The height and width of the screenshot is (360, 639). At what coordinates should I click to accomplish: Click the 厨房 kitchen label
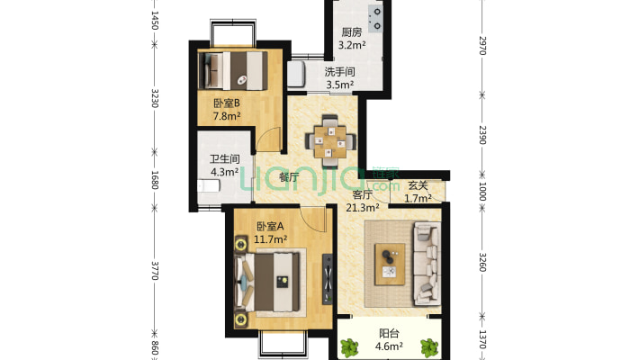click(x=351, y=31)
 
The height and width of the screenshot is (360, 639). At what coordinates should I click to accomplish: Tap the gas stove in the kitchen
click(x=375, y=19)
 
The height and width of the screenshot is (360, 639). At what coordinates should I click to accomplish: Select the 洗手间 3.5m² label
click(x=339, y=78)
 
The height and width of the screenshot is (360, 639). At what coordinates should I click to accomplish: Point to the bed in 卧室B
click(x=233, y=70)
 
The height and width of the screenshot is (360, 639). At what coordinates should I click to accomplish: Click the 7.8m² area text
click(x=227, y=116)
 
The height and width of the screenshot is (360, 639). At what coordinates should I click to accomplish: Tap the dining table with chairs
click(x=330, y=141)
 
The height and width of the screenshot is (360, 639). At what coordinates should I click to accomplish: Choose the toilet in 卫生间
click(x=209, y=186)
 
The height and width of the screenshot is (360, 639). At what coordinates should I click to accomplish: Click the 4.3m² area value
click(x=224, y=172)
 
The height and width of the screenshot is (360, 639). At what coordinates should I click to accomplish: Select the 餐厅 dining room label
click(x=289, y=177)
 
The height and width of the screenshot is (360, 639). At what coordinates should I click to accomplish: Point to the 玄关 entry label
click(x=418, y=185)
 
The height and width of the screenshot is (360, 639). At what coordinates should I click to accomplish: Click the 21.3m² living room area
click(x=363, y=208)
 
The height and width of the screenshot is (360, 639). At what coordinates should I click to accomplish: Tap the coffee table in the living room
click(x=390, y=265)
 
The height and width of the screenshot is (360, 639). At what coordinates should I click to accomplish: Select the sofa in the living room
click(x=427, y=264)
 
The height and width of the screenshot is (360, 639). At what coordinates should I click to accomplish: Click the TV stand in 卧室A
click(x=328, y=279)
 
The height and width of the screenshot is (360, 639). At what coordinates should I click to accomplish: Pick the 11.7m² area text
click(x=270, y=239)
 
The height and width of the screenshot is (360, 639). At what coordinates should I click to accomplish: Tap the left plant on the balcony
click(x=349, y=348)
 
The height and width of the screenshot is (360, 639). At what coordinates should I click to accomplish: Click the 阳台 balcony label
click(x=389, y=334)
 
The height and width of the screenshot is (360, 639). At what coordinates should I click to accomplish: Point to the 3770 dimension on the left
click(x=155, y=271)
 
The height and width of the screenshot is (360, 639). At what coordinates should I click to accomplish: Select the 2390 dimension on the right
click(x=482, y=135)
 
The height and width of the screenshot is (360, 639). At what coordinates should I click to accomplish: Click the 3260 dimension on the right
click(x=482, y=262)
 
